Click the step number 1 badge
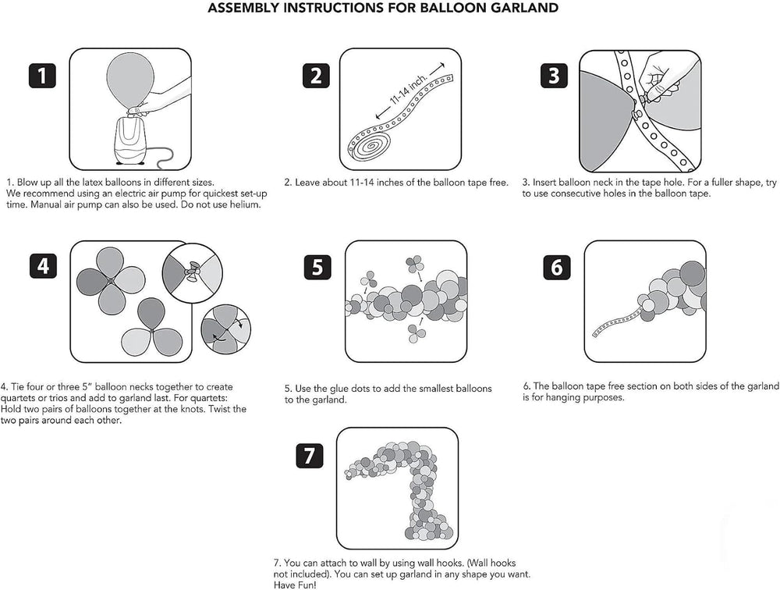coord(42,76)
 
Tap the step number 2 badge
coord(316,76)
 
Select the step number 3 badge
coord(554,76)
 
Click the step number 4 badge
coord(43,265)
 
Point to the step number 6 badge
coord(557,267)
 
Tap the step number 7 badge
coord(310,456)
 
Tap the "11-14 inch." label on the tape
coord(409,90)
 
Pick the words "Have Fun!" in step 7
coord(295,585)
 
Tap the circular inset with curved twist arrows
coord(226,329)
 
